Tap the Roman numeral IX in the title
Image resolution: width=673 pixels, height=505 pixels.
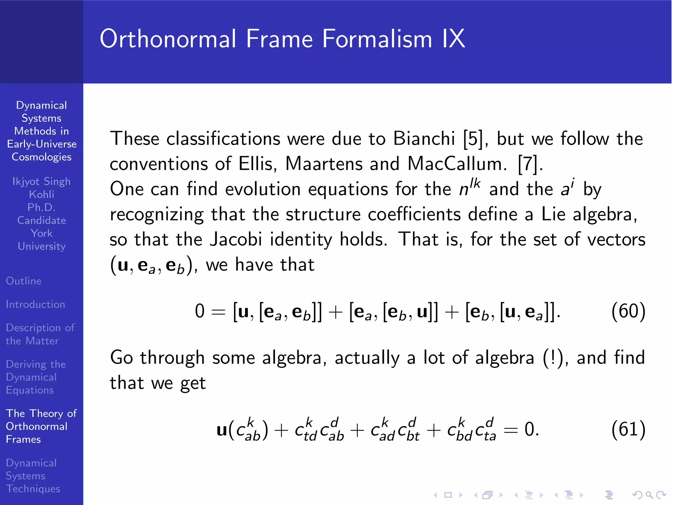[x=453, y=39]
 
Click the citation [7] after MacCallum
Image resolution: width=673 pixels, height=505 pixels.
[x=527, y=164]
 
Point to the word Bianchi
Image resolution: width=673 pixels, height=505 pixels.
[x=424, y=139]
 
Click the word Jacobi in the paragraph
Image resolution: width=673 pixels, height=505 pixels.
[x=236, y=239]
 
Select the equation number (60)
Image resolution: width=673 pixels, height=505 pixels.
[x=628, y=311]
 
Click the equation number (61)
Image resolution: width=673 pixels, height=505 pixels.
[x=628, y=429]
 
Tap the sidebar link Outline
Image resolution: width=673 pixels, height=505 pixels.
[x=24, y=281]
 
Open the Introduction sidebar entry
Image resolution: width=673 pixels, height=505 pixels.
[x=35, y=304]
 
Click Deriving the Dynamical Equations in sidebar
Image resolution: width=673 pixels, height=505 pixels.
[x=35, y=377]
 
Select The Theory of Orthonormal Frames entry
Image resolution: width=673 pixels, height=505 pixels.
[x=41, y=426]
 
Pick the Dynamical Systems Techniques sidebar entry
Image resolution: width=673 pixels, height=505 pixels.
[x=33, y=476]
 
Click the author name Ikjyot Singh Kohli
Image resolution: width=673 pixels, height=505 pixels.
[x=41, y=188]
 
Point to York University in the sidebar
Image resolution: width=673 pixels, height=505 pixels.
[x=41, y=240]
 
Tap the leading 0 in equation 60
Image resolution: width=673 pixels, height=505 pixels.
[x=199, y=311]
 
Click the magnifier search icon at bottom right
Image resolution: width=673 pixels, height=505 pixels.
[x=649, y=495]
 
